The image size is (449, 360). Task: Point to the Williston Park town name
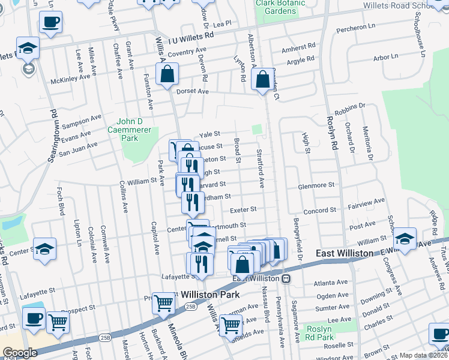pos(207,295)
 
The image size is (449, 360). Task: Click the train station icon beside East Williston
pos(287,278)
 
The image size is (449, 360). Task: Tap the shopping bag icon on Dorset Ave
pos(167,75)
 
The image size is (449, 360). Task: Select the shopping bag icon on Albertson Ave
pos(262,79)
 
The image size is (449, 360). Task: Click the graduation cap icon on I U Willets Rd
pos(27,47)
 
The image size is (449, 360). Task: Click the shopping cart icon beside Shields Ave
pos(231,325)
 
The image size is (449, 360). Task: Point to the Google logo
pos(20,353)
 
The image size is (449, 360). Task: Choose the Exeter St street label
pos(244,209)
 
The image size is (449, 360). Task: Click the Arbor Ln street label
pos(385,56)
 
